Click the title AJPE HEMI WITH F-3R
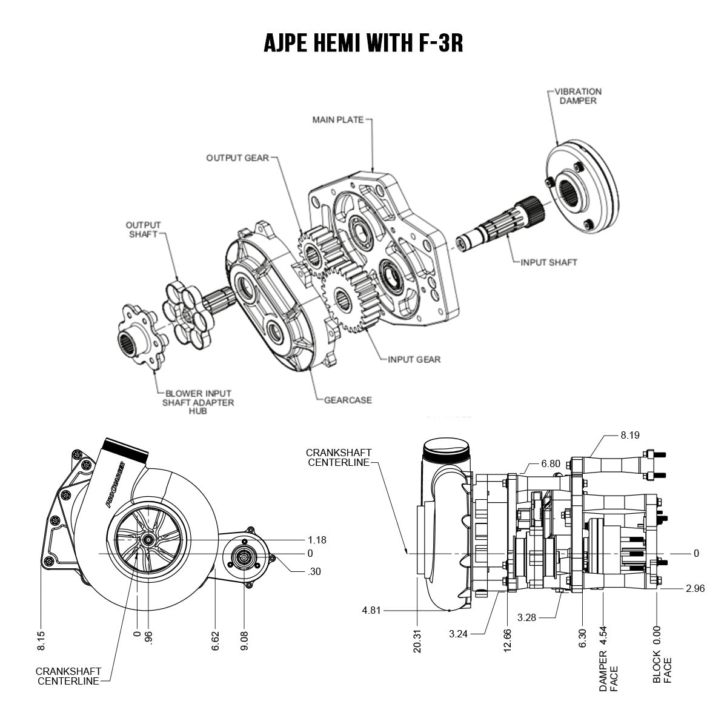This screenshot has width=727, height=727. [363, 42]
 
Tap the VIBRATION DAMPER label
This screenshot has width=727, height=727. [578, 96]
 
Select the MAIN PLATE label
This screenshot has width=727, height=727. [338, 119]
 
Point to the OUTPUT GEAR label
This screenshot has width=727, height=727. [237, 158]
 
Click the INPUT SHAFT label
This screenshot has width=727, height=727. [549, 262]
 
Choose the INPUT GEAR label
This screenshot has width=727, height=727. [414, 359]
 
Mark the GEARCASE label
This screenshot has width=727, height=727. [348, 400]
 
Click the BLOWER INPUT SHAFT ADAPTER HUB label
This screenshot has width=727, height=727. [199, 402]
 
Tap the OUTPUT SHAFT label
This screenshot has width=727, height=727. [144, 230]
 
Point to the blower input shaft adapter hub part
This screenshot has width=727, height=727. [139, 336]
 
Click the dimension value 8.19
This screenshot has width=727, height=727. [630, 435]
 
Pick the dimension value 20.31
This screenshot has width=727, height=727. [417, 639]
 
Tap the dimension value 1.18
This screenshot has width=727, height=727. [317, 540]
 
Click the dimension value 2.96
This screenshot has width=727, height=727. [695, 588]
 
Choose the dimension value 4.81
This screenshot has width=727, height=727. [371, 610]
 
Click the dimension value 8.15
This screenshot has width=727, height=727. [41, 639]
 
